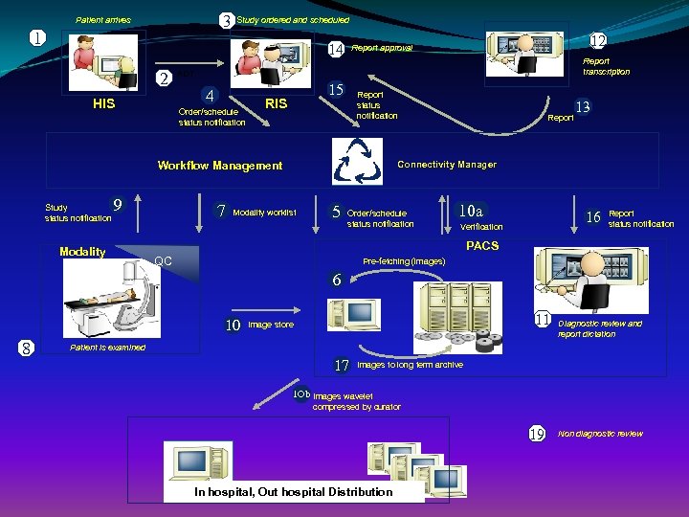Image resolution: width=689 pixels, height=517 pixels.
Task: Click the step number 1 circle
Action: tap(35, 39)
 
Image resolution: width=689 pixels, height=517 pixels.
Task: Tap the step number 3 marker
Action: tap(226, 20)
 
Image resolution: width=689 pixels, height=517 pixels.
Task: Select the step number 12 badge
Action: tap(598, 41)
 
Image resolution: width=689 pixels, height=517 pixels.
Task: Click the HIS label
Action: tap(103, 103)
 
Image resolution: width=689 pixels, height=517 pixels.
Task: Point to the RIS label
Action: tap(276, 103)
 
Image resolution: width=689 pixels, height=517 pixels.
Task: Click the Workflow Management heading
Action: tap(220, 166)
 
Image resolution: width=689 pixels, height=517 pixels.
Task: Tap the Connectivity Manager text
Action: tap(447, 165)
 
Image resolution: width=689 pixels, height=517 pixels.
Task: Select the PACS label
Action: tap(481, 246)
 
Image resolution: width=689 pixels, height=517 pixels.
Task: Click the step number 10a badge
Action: tap(471, 211)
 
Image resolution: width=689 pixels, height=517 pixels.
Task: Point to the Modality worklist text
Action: tap(265, 213)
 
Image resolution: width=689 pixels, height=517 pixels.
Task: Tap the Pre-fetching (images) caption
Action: tap(404, 261)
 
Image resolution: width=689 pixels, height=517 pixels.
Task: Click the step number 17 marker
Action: tap(342, 366)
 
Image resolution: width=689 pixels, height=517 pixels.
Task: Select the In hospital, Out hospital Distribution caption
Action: tap(293, 492)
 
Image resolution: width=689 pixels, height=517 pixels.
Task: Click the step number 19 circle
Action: tap(537, 434)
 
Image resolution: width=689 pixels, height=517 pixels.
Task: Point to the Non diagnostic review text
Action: tap(601, 434)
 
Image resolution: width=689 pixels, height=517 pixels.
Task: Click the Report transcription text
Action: tap(607, 66)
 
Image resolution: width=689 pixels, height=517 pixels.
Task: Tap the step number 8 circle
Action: tap(28, 348)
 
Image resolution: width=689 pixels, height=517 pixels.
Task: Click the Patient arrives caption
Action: tap(103, 20)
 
